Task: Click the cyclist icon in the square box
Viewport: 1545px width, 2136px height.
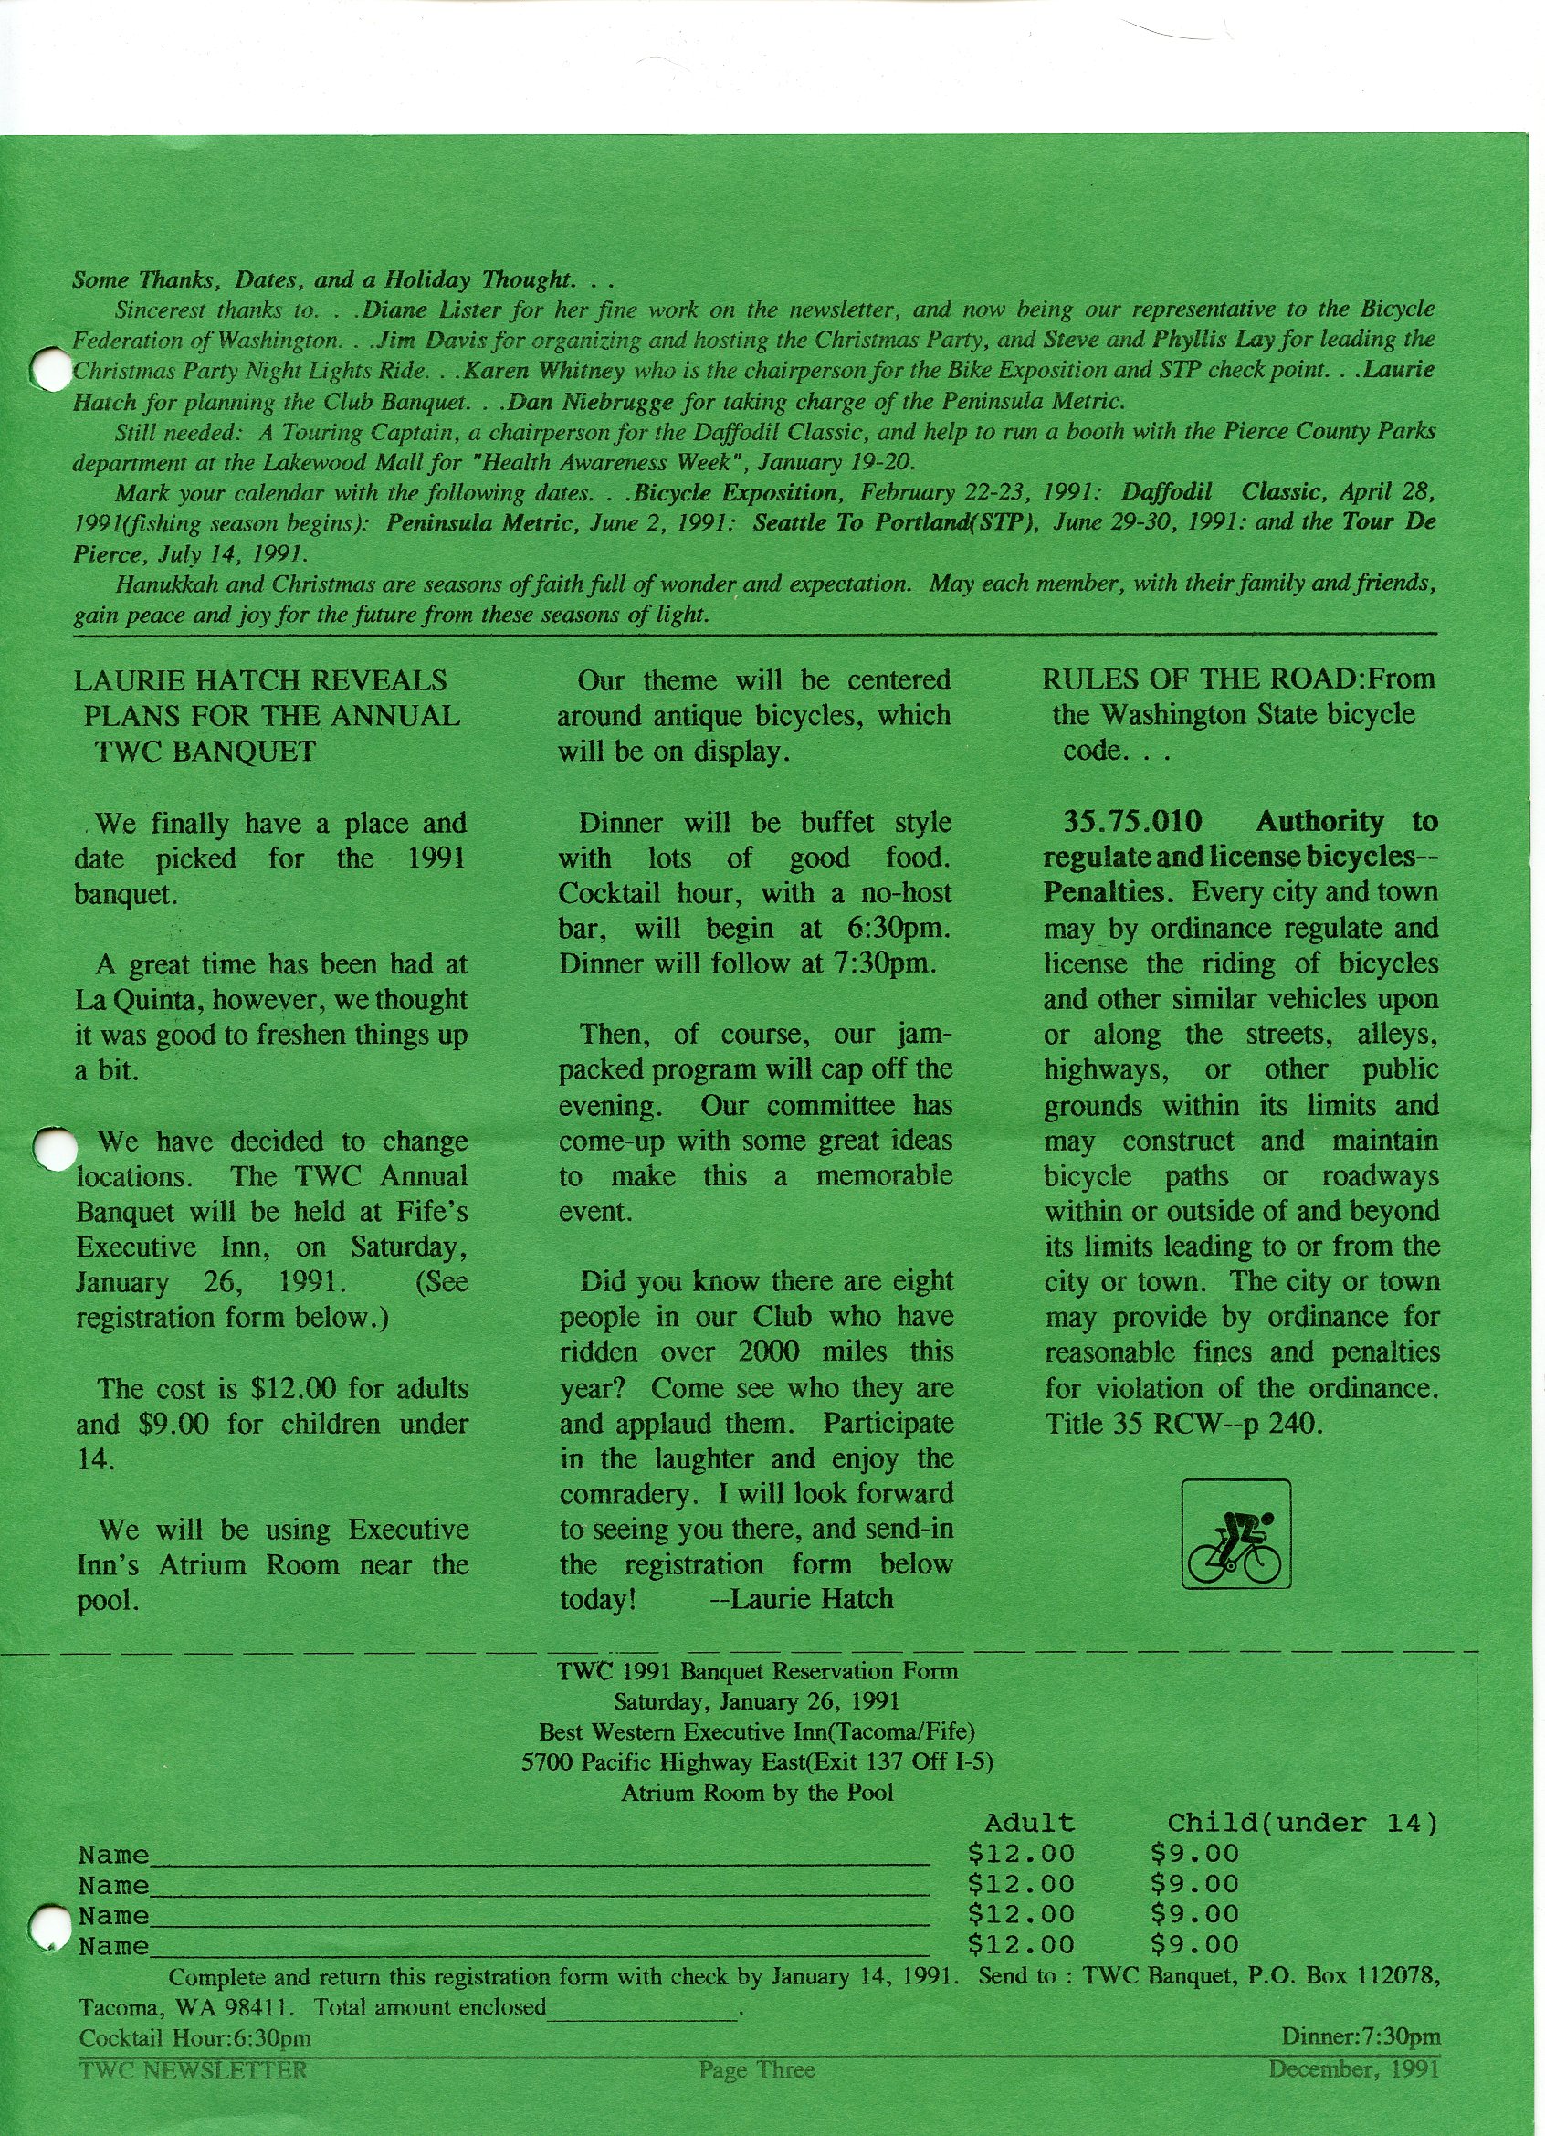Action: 1235,1534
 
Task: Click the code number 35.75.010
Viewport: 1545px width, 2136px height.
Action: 1131,821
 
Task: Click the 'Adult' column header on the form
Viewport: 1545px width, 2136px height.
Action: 1028,1824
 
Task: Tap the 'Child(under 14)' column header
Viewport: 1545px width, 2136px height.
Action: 1302,1824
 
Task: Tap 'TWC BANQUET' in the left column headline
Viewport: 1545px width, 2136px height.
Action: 205,752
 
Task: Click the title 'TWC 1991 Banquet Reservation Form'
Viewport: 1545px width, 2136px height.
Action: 757,1672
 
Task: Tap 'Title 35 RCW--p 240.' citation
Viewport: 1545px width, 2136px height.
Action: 1183,1423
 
